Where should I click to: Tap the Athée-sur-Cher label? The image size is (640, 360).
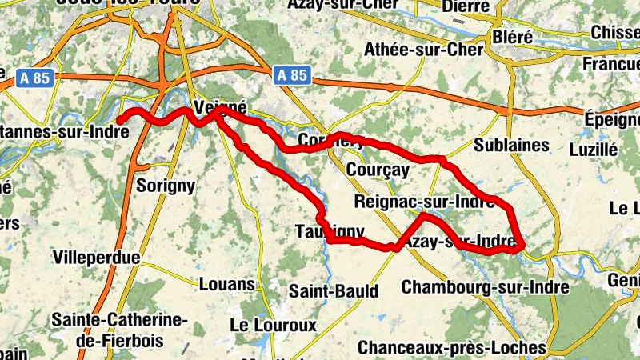[x=424, y=50]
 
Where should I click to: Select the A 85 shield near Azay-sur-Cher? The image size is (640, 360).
[x=291, y=75]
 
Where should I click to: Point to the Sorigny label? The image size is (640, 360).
[x=166, y=186]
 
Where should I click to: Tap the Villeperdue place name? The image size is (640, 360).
[x=95, y=258]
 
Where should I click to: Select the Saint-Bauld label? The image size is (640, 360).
[x=334, y=291]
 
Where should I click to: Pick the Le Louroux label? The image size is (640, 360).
[x=273, y=326]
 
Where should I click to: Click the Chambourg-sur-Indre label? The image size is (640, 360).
[x=486, y=286]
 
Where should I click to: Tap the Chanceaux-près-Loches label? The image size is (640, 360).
[x=451, y=347]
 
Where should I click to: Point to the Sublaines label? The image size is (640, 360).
[x=511, y=145]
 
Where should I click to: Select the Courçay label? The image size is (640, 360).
[x=378, y=170]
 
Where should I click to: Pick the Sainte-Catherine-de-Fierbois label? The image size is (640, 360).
[x=118, y=330]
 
